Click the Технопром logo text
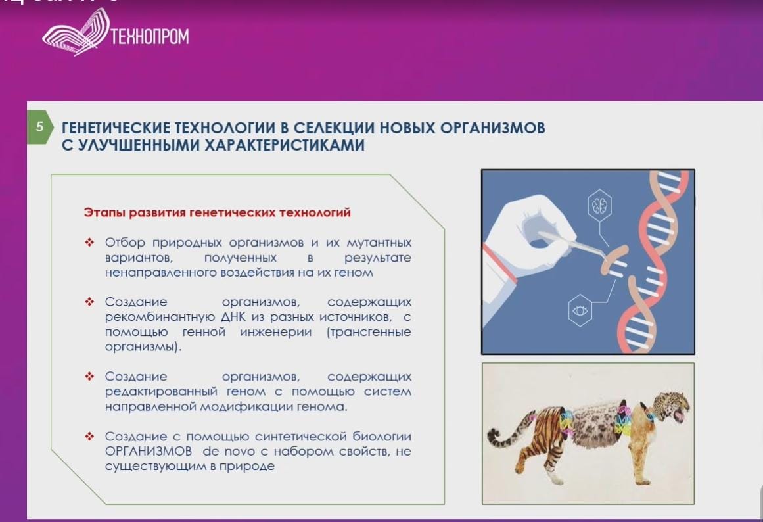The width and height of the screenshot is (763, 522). (150, 37)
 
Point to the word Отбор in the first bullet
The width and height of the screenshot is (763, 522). (125, 243)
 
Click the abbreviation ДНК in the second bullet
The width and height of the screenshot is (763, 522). (233, 317)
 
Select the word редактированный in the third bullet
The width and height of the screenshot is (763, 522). (161, 392)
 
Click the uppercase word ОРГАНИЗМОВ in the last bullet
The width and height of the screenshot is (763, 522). (149, 452)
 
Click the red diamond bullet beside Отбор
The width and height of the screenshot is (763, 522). (89, 243)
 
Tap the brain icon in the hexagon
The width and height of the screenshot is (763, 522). (599, 206)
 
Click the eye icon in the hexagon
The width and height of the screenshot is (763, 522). (580, 310)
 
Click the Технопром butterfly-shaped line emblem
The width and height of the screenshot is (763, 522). (76, 32)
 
